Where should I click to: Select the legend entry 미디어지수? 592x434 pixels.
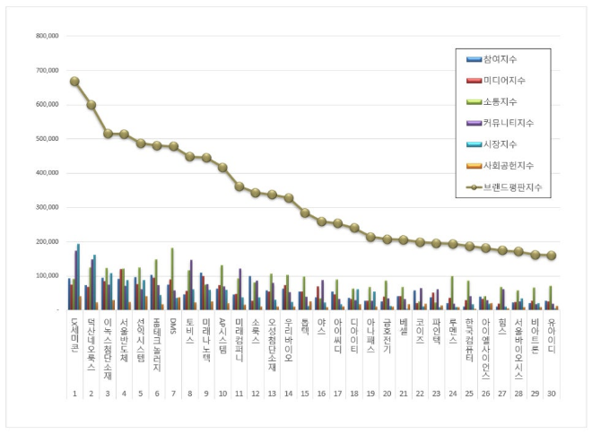coord(504,81)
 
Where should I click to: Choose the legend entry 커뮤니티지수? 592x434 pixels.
coord(507,123)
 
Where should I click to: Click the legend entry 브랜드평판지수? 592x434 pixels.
coord(509,187)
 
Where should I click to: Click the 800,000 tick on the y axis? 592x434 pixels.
coord(47,37)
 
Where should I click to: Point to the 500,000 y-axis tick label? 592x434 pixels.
coord(47,139)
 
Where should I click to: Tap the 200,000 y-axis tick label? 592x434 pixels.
coord(47,242)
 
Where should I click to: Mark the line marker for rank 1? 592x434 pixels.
coord(74,82)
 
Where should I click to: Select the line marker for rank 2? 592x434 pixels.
coord(91,104)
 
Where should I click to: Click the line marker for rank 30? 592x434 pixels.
coord(551,256)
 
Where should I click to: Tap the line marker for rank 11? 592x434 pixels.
coord(239,187)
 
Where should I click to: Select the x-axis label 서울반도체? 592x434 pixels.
coord(124,336)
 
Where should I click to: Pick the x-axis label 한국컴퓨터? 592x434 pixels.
coord(468,336)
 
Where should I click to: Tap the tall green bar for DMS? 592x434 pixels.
coord(172,278)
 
